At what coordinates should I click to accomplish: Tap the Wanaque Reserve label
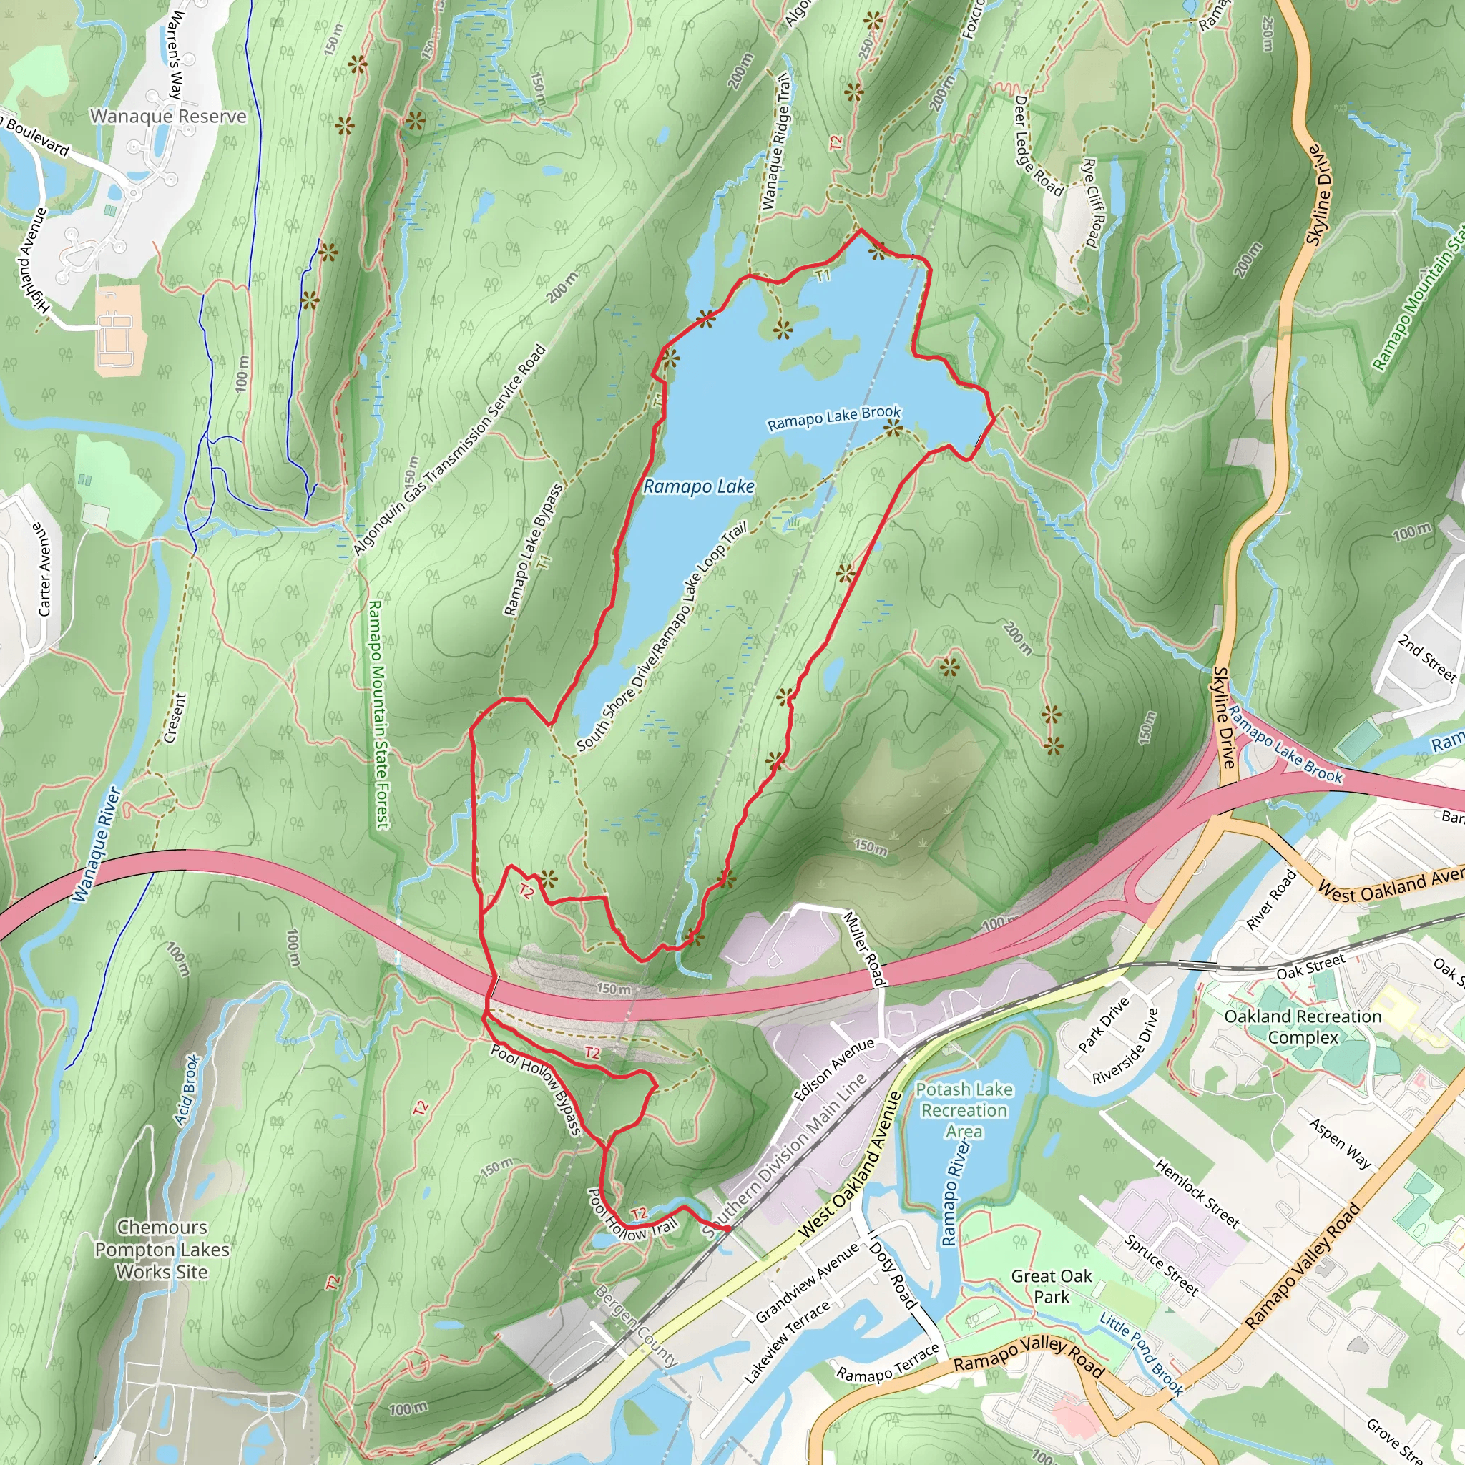click(x=167, y=116)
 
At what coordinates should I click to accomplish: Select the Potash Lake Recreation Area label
click(x=964, y=1110)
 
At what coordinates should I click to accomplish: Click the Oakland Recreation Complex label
click(x=1303, y=1027)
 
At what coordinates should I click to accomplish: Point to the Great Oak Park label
click(x=1051, y=1286)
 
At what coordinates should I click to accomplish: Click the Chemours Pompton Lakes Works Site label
click(x=162, y=1249)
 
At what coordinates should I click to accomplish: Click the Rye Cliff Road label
click(x=1095, y=202)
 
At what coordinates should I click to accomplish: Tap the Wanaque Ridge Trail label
click(x=775, y=141)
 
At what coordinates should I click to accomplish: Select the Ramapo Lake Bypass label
click(x=533, y=550)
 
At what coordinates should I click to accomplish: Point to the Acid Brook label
click(x=187, y=1089)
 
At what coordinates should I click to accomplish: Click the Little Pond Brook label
click(x=1141, y=1354)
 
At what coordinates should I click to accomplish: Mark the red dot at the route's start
click(x=727, y=1228)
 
